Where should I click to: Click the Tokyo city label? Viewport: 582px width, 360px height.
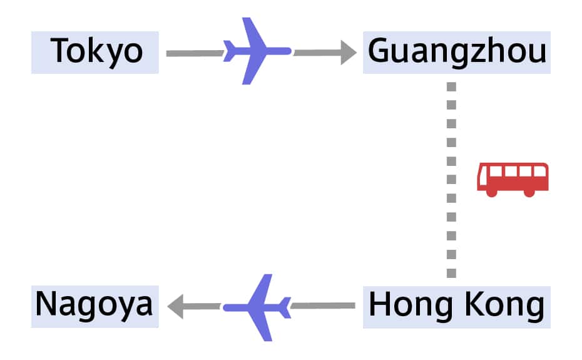96,52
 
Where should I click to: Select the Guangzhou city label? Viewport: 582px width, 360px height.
456,52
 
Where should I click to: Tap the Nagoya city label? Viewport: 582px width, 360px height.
94,306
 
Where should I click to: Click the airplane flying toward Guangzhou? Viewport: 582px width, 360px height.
255,51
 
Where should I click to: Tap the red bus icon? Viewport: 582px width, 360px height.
513,179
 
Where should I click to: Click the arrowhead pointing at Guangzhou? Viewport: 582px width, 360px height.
348,52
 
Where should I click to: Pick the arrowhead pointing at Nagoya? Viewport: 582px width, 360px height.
176,306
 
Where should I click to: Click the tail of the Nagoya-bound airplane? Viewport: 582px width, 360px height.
285,307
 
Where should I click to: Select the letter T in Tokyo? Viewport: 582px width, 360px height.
60,51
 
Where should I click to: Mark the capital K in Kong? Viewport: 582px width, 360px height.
470,306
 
